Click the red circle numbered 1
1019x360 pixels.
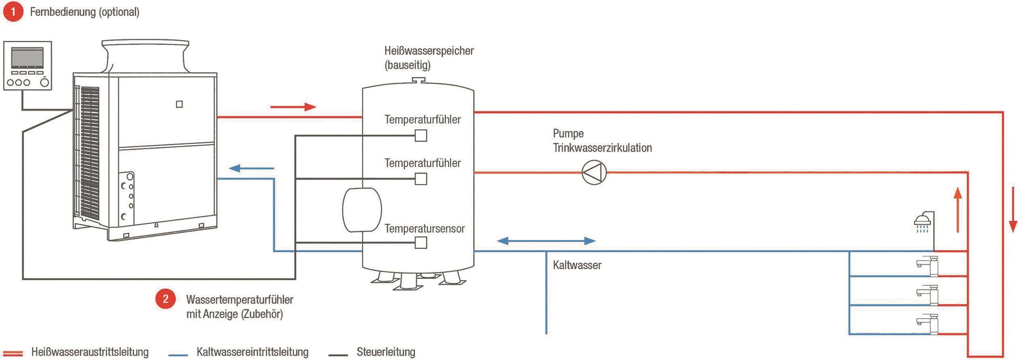pyautogui.click(x=13, y=12)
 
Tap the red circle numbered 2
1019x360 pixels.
pyautogui.click(x=165, y=299)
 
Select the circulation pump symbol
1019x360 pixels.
pyautogui.click(x=594, y=173)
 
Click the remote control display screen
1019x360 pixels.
pyautogui.click(x=28, y=58)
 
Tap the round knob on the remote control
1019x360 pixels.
pyautogui.click(x=45, y=83)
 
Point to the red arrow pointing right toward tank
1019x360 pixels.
pyautogui.click(x=293, y=107)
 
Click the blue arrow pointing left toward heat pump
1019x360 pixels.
pyautogui.click(x=251, y=168)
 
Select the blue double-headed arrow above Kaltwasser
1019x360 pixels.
pyautogui.click(x=546, y=241)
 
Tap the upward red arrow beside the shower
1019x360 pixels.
pyautogui.click(x=958, y=210)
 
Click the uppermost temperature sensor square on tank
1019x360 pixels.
pyautogui.click(x=421, y=135)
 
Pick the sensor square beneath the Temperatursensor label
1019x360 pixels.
pyautogui.click(x=421, y=243)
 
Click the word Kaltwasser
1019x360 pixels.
pyautogui.click(x=577, y=265)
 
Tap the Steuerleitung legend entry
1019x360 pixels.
pyautogui.click(x=385, y=352)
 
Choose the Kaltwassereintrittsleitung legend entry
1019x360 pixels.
pyautogui.click(x=252, y=352)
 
